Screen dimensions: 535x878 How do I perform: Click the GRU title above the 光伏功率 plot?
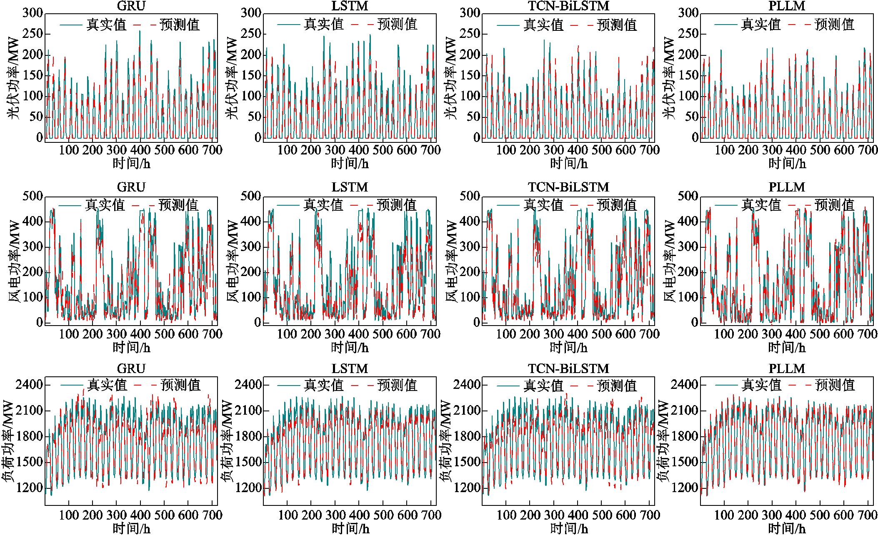[x=131, y=6]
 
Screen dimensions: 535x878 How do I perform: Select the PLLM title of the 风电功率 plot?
[x=787, y=187]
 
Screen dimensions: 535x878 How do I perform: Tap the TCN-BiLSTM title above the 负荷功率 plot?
[x=568, y=368]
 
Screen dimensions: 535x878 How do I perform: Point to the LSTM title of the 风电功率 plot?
[x=350, y=187]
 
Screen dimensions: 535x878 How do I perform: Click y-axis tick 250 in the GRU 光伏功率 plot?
[x=33, y=33]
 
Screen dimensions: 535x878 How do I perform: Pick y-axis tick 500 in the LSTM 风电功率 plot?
[x=251, y=196]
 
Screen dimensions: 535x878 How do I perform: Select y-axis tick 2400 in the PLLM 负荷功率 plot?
[x=684, y=384]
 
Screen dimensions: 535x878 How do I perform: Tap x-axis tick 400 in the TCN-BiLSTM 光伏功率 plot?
[x=578, y=150]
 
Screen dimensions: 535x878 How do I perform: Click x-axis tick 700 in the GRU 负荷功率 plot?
[x=213, y=515]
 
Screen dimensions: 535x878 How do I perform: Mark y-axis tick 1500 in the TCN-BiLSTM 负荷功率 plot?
[x=467, y=462]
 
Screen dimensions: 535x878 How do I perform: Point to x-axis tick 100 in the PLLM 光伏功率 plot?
[x=725, y=150]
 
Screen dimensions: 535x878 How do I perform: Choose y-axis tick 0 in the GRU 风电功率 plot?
[x=40, y=322]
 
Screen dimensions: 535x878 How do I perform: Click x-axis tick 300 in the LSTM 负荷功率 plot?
[x=336, y=515]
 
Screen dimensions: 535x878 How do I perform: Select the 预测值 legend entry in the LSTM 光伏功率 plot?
[x=397, y=25]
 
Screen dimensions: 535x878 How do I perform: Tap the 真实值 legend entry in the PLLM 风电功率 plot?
[x=761, y=205]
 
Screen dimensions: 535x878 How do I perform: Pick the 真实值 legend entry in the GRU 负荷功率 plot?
[x=107, y=385]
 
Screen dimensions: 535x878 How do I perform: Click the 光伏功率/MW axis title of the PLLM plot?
[x=669, y=77]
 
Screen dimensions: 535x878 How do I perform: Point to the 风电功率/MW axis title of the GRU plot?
[x=14, y=261]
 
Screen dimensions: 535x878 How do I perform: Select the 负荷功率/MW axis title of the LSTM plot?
[x=227, y=441]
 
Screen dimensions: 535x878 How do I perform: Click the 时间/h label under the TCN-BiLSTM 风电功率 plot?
[x=568, y=347]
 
